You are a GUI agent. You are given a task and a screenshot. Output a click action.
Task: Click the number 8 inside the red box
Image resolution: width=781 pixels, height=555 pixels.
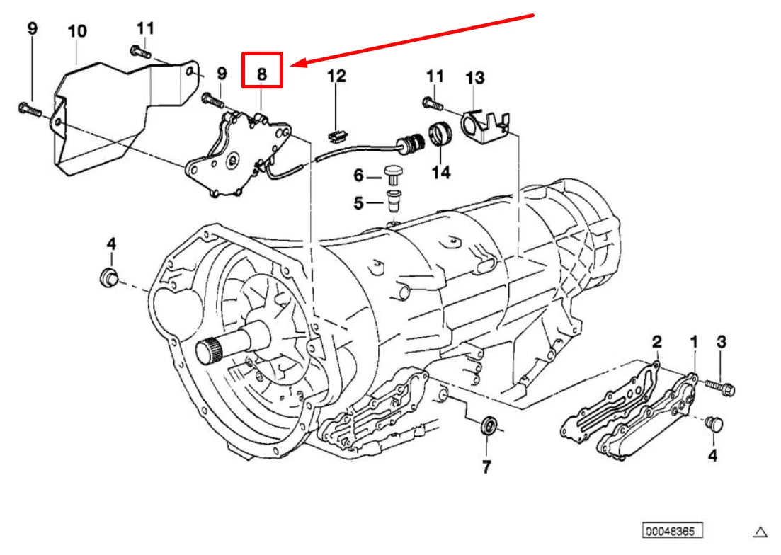pyautogui.click(x=262, y=72)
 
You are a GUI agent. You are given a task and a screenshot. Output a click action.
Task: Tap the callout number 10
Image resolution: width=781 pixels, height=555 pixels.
pyautogui.click(x=77, y=31)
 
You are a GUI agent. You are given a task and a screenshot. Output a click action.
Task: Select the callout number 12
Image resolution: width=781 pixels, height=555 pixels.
pyautogui.click(x=336, y=76)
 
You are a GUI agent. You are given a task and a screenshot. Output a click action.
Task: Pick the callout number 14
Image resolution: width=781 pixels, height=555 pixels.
pyautogui.click(x=441, y=171)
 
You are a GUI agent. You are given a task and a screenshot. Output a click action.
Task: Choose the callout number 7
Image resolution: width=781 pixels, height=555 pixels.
pyautogui.click(x=486, y=467)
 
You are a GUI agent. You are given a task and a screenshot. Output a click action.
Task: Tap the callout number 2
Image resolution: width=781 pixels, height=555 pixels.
pyautogui.click(x=657, y=343)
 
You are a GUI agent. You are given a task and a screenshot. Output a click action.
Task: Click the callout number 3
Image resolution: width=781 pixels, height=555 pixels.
pyautogui.click(x=722, y=343)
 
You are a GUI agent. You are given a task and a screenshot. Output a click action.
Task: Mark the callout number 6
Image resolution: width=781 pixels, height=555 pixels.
pyautogui.click(x=358, y=175)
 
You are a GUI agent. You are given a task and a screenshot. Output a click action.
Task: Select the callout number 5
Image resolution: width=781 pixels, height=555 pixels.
pyautogui.click(x=358, y=204)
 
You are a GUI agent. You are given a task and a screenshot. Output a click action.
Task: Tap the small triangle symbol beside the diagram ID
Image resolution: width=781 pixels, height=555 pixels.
pyautogui.click(x=760, y=532)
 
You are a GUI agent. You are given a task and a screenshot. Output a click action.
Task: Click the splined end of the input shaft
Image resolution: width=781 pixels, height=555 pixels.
pyautogui.click(x=207, y=351)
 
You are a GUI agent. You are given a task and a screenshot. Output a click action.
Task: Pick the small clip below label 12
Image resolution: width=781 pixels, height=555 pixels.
pyautogui.click(x=336, y=132)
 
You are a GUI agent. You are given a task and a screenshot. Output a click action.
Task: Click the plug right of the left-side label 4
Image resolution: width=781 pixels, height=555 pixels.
pyautogui.click(x=109, y=277)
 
